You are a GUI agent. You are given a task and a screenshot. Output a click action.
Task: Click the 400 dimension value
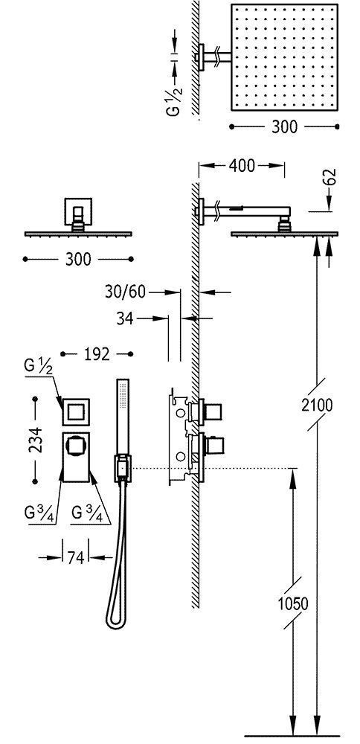click(x=242, y=166)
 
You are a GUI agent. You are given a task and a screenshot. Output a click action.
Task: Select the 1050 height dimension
click(x=292, y=603)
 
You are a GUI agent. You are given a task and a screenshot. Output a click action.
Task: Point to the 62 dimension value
click(x=331, y=176)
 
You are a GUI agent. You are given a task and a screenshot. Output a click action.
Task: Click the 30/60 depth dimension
click(x=125, y=292)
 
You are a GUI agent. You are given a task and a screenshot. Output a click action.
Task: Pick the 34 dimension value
click(x=125, y=319)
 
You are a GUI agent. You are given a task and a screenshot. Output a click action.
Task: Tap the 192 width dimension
click(x=97, y=354)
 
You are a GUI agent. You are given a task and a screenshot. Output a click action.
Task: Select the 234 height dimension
click(x=35, y=440)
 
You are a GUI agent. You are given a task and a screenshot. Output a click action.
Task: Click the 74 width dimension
click(x=75, y=558)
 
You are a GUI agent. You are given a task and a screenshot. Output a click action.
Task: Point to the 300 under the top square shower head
click(x=284, y=126)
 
